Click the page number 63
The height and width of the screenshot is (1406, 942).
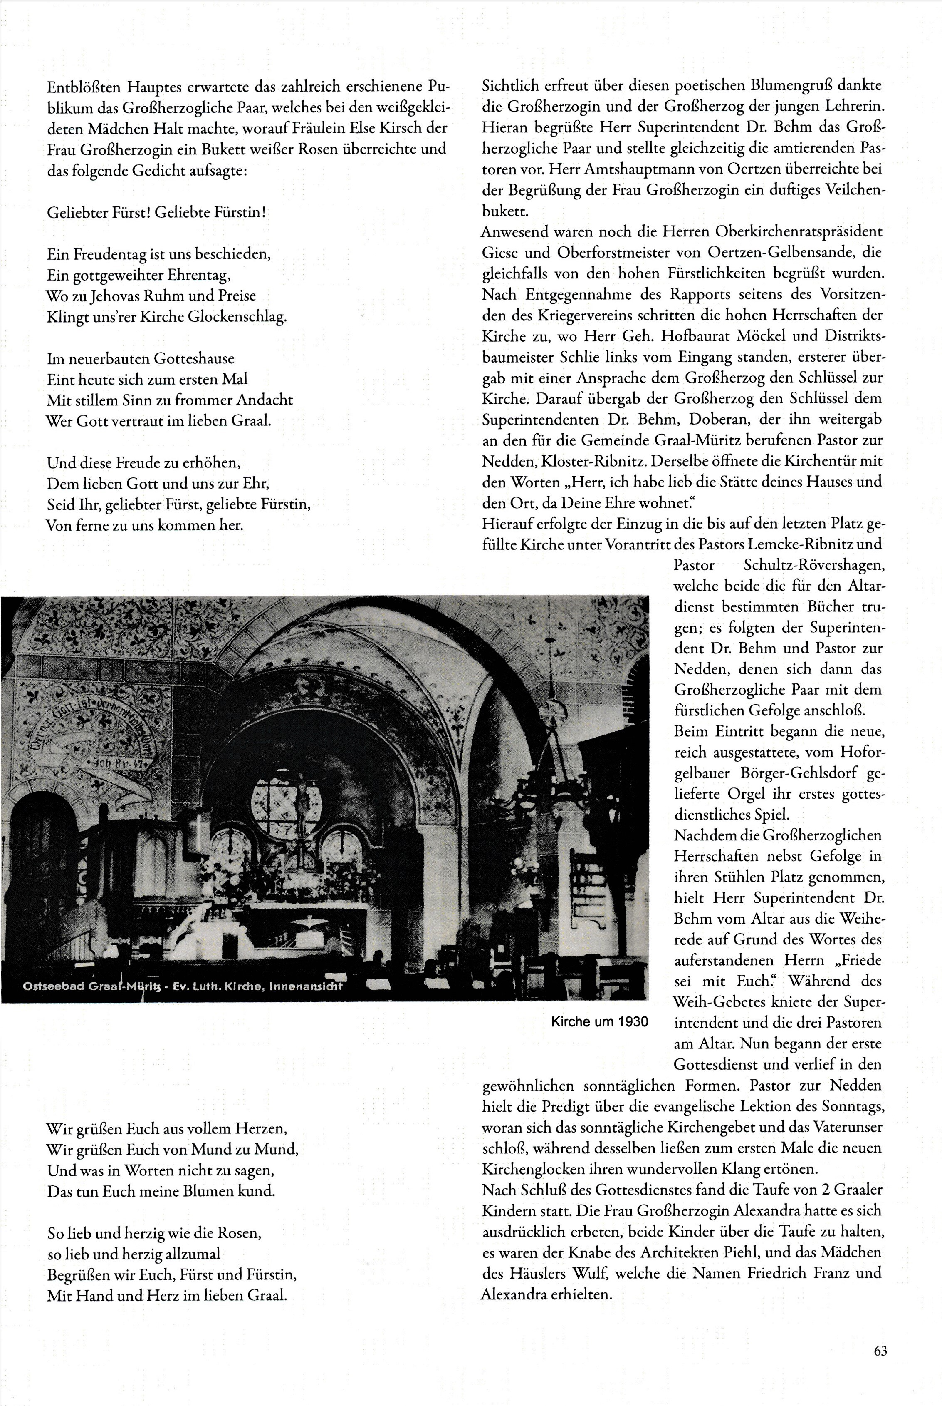[880, 1351]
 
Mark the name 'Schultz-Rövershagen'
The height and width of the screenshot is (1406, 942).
[814, 566]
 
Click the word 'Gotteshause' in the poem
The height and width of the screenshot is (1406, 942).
[193, 359]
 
